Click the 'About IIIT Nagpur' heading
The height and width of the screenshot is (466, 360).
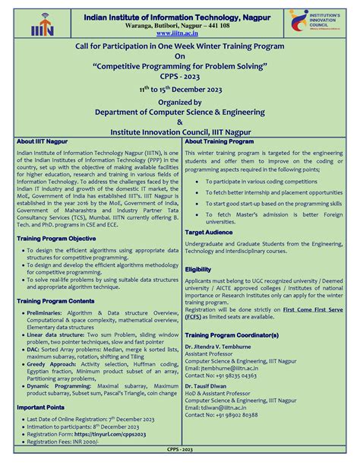point(45,141)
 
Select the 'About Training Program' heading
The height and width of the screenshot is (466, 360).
point(219,141)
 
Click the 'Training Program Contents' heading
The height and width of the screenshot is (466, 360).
point(58,300)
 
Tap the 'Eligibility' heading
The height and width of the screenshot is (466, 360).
point(198,269)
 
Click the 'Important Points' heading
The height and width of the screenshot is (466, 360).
point(42,407)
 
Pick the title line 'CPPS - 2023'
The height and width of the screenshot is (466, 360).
point(179,77)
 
